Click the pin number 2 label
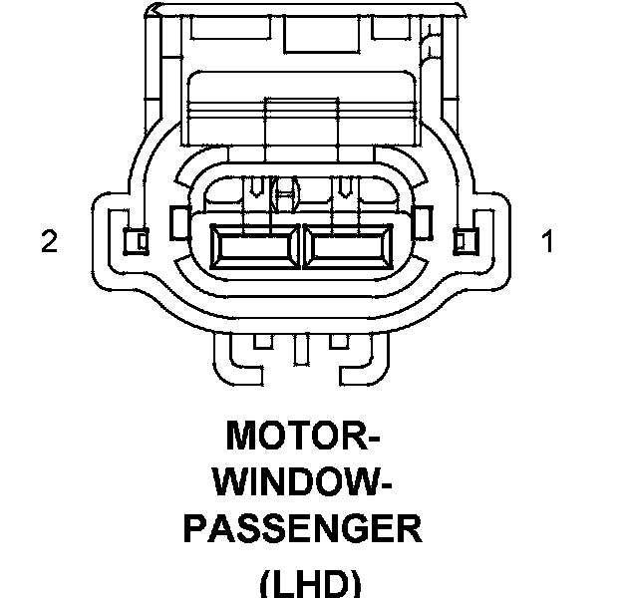click(49, 241)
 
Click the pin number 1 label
click(546, 241)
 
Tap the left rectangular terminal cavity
click(253, 245)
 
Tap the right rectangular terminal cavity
click(348, 245)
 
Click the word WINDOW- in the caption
click(302, 482)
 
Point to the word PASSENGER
click(302, 528)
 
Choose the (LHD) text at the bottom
click(309, 582)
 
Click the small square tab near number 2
click(133, 240)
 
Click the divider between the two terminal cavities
click(300, 245)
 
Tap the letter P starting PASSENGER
click(194, 528)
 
